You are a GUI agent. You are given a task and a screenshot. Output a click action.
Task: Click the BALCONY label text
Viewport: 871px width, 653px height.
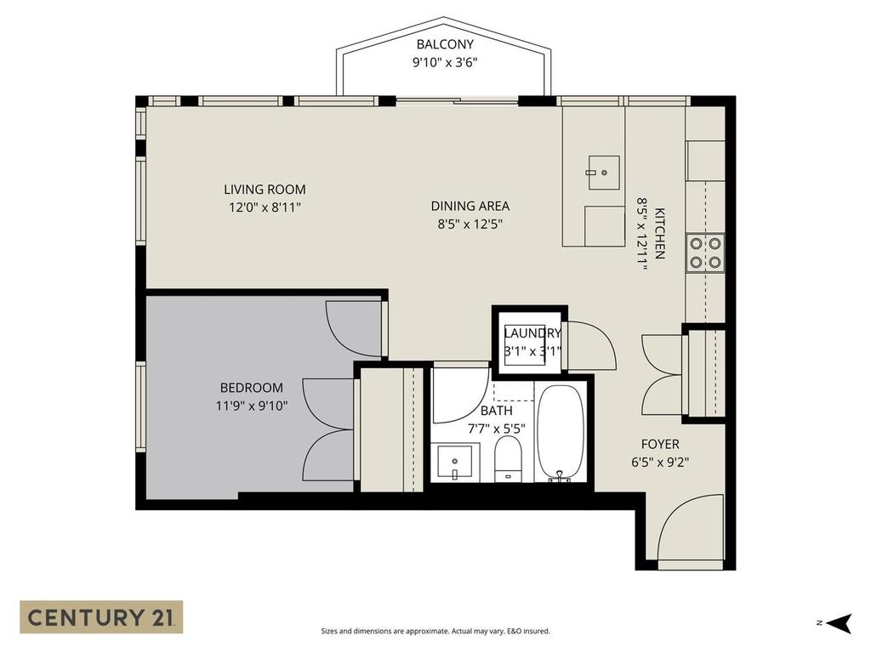point(445,44)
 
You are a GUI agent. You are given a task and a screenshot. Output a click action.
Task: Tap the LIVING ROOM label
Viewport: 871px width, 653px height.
point(265,190)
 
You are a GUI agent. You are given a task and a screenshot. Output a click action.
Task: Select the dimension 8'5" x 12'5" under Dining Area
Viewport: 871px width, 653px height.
point(470,224)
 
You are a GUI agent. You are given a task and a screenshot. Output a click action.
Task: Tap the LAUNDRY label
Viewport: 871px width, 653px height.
point(532,333)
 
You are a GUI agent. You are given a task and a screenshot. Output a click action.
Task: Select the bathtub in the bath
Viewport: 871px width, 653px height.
point(560,433)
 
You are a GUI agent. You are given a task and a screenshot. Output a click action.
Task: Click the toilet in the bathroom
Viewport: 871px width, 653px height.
point(508,459)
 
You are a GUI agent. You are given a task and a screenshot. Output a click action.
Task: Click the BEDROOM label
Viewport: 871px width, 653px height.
point(251,388)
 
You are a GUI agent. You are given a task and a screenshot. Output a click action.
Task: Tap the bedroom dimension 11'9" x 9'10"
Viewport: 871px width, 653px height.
point(252,406)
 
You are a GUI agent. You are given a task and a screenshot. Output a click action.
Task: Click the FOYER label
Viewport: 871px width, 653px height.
point(660,444)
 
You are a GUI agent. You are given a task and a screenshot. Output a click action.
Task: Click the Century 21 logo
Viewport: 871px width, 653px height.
point(101,616)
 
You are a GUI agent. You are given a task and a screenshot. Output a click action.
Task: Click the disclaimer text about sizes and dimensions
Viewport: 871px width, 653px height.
point(435,631)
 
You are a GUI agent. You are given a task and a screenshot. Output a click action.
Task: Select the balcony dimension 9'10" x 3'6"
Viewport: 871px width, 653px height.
point(445,61)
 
